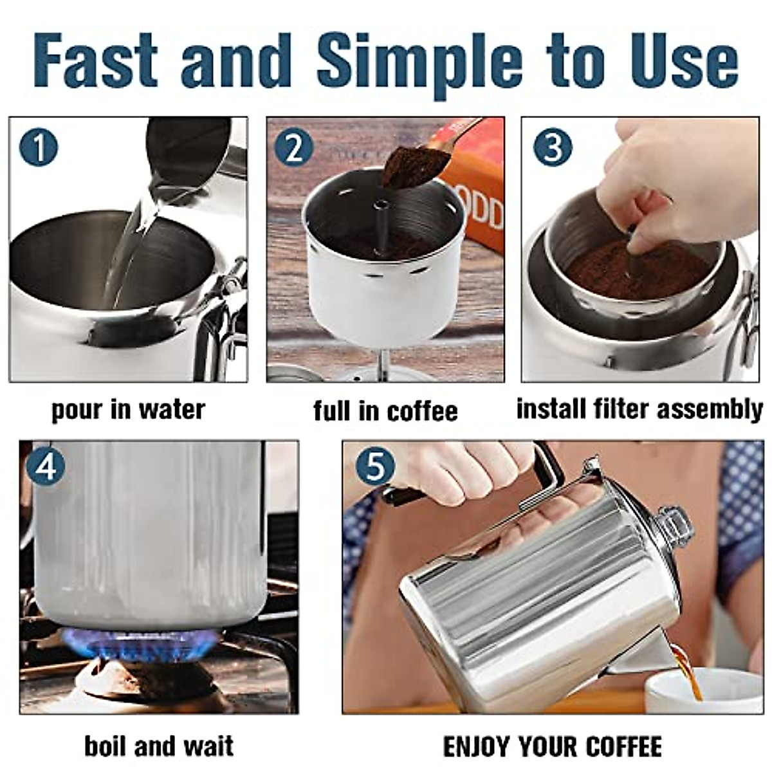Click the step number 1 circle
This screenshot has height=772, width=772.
38,147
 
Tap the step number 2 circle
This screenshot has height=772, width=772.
293,149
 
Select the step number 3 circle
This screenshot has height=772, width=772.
552,147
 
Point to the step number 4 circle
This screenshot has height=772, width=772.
46,467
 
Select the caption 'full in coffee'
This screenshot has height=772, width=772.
385,411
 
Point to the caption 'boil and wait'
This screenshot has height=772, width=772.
159,746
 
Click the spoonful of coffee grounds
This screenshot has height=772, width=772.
409,165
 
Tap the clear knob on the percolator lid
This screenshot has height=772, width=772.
672,524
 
